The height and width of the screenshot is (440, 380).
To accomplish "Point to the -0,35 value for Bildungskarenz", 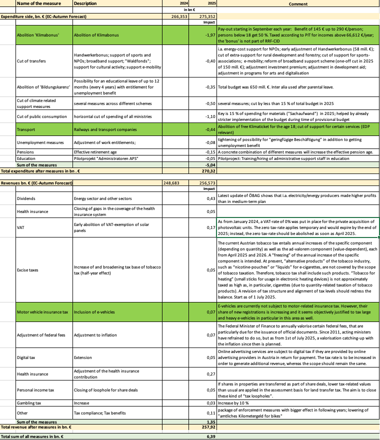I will click(209, 86).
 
